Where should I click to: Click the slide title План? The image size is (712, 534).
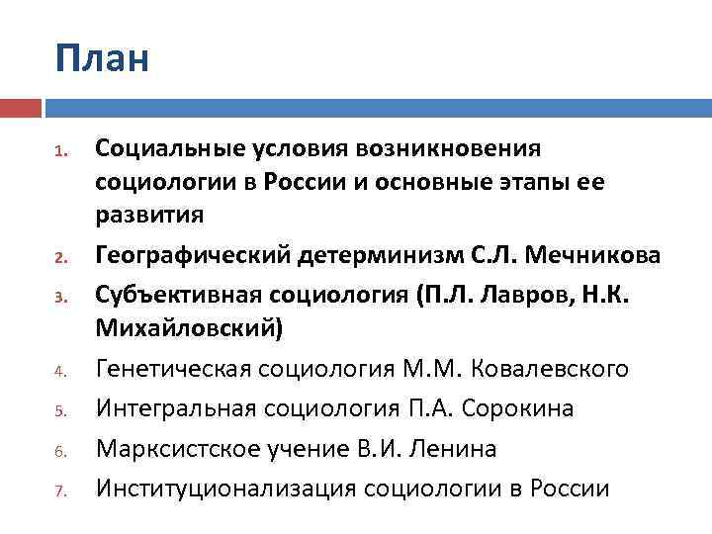[102, 59]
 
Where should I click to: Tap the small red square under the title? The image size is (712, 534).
[20, 107]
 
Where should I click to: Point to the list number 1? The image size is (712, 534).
[60, 152]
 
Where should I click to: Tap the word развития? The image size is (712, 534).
[149, 214]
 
